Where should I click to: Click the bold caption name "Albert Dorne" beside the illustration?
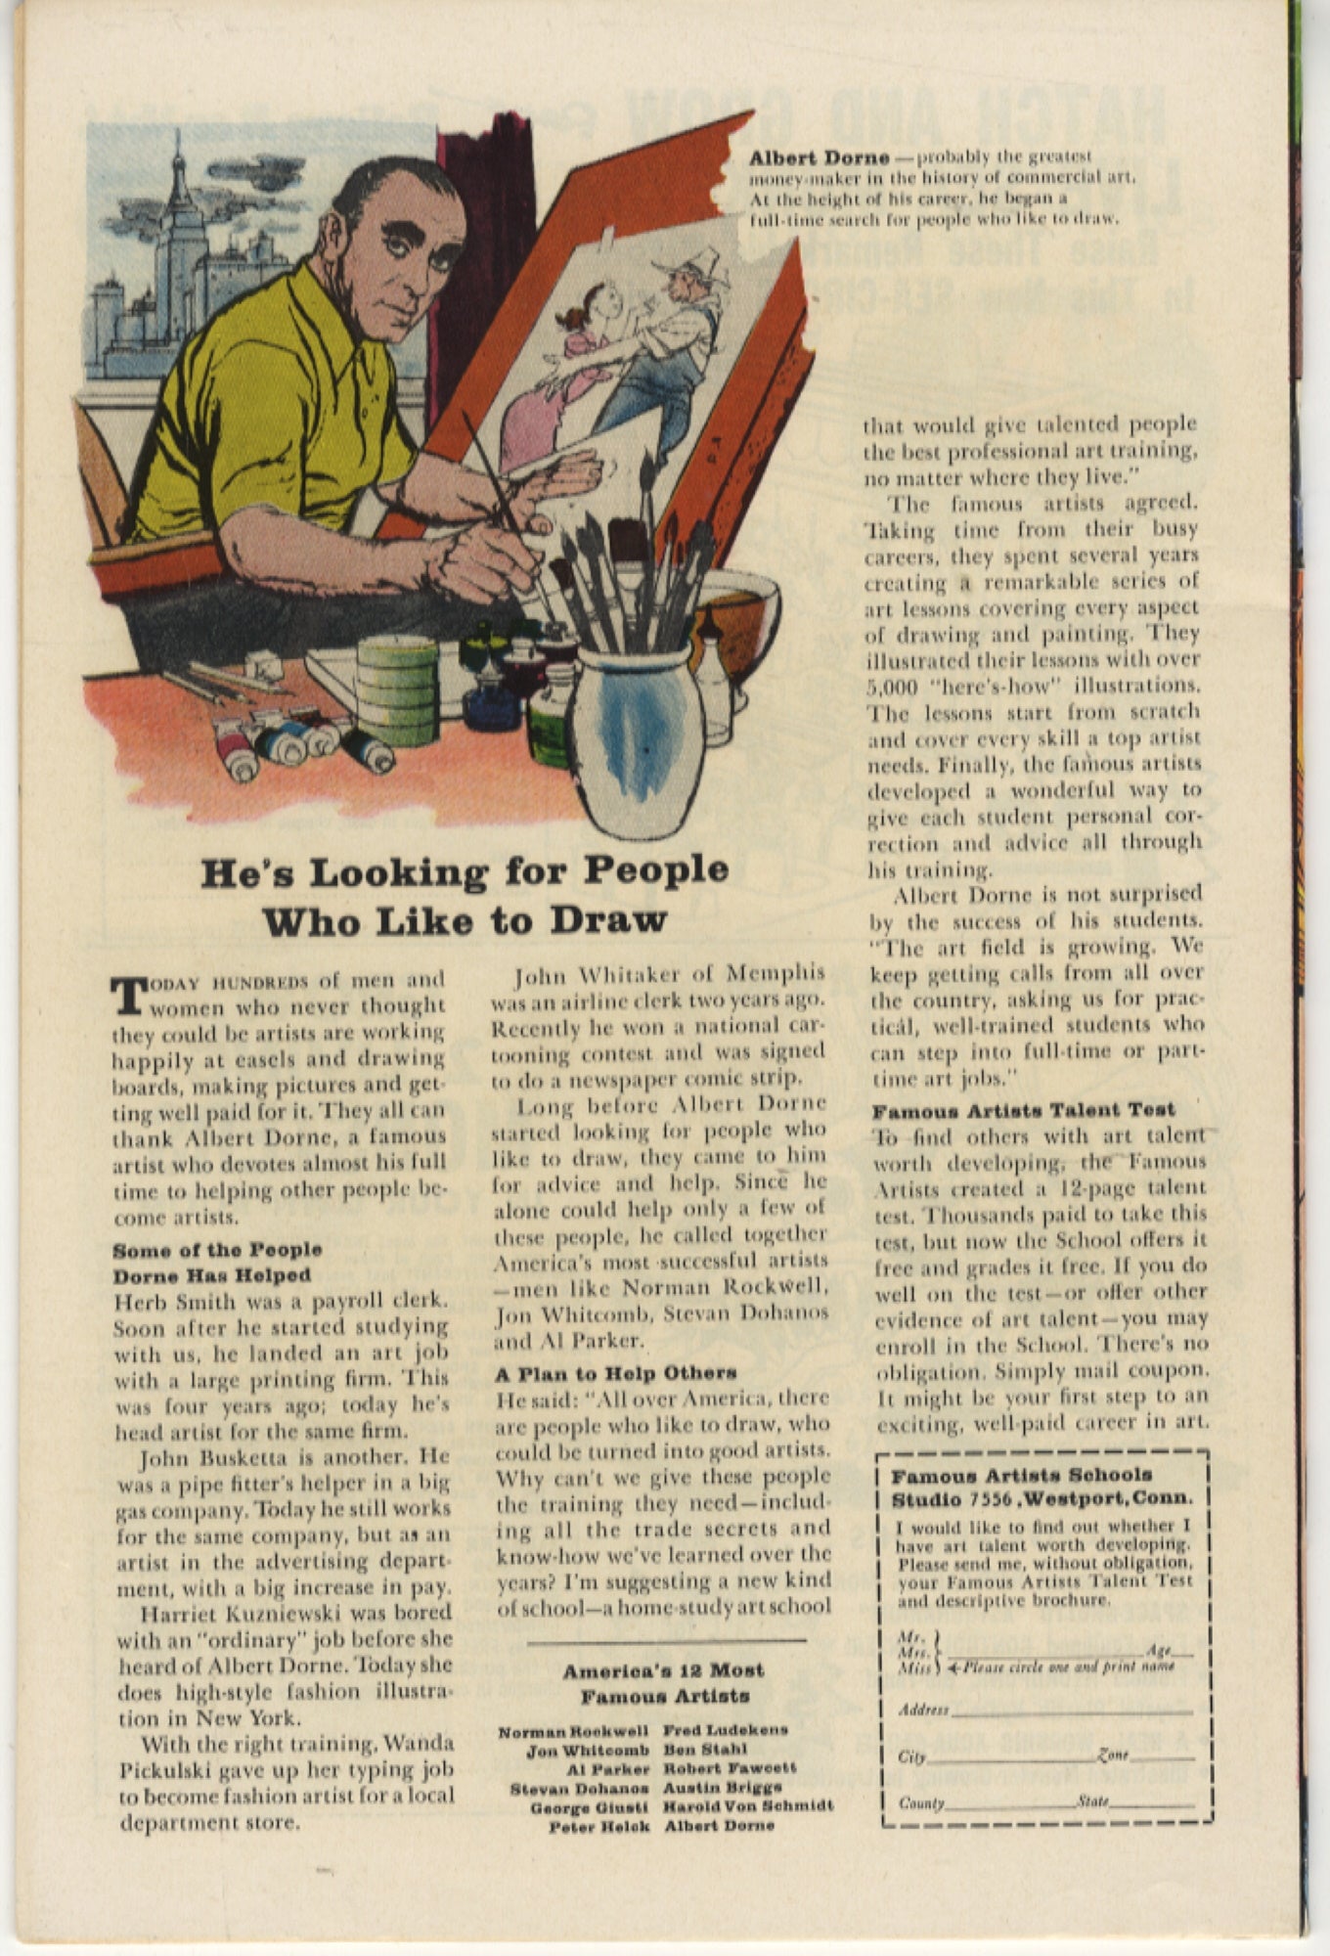(819, 157)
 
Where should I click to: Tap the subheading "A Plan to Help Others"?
(616, 1372)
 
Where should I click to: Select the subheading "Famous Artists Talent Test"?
(1023, 1110)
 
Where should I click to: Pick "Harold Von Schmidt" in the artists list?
(748, 1806)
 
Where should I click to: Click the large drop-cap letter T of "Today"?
(128, 993)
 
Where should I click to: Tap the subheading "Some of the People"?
(217, 1250)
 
